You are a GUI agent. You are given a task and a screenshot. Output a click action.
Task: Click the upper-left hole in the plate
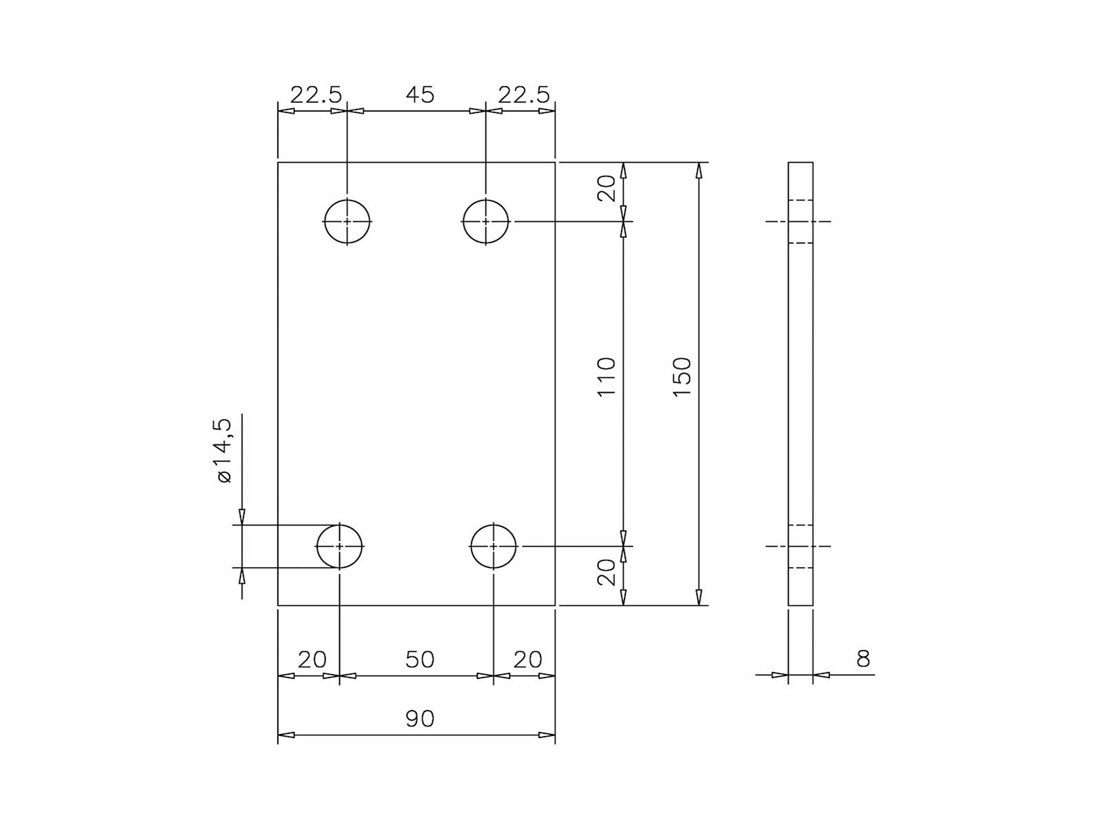347,221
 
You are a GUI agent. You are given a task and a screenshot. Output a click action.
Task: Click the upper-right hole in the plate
486,221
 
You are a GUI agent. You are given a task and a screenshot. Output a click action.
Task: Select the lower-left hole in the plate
340,546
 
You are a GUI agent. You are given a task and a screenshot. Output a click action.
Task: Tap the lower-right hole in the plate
494,546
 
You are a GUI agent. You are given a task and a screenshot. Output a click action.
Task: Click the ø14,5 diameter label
223,451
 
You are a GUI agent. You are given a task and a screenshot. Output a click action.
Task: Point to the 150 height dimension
682,376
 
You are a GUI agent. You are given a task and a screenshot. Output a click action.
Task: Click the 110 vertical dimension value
606,376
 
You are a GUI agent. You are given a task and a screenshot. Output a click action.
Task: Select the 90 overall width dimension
419,719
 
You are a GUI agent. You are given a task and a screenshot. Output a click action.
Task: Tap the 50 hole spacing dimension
419,660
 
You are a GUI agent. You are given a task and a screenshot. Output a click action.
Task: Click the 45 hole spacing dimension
419,94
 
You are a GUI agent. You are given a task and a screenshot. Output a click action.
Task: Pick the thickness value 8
863,659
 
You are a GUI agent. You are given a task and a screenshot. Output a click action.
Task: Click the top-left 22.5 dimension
316,94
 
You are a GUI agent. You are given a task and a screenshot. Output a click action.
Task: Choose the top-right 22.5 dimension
524,94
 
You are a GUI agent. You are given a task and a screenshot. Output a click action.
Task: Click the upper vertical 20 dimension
606,188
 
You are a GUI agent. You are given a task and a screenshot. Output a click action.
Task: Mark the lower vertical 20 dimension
606,572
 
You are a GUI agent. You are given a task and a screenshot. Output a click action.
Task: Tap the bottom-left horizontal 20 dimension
312,660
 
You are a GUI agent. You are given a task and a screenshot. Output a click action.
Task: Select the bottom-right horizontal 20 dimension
527,660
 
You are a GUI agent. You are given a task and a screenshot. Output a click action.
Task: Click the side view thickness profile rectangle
800,383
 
